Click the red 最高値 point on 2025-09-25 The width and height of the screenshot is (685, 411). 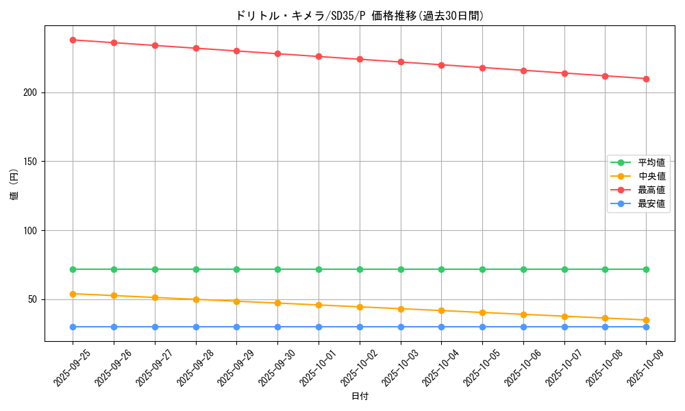(x=73, y=40)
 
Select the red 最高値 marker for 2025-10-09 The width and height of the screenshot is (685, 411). (x=646, y=79)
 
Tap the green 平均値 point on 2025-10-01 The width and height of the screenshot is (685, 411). (x=319, y=269)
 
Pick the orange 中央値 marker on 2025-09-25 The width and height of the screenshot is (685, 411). (x=73, y=294)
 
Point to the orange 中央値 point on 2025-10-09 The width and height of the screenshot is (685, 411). (x=646, y=320)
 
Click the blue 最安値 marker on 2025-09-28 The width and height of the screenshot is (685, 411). (x=196, y=327)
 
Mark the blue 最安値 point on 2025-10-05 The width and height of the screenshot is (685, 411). (x=482, y=327)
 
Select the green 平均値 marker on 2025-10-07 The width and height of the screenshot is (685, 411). (x=564, y=269)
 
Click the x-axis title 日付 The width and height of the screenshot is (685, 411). (x=360, y=397)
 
